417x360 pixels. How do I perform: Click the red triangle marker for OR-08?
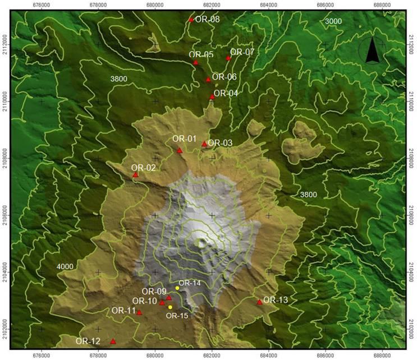191,20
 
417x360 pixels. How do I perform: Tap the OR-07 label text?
242,52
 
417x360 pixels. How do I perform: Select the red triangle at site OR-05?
196,62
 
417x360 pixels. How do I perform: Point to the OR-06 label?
224,77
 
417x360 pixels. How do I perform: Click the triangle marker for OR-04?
212,96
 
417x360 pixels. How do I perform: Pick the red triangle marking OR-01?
180,150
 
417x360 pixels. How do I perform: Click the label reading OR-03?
220,143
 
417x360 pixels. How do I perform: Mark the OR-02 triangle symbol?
135,175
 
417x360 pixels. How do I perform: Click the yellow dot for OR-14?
177,288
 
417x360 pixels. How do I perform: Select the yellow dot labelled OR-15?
170,307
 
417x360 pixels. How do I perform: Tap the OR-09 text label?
154,292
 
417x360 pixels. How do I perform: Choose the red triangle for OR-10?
162,303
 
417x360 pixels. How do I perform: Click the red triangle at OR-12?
113,341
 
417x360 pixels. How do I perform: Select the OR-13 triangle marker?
259,302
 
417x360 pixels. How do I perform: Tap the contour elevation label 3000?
333,21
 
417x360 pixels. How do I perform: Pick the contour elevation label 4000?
65,266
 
